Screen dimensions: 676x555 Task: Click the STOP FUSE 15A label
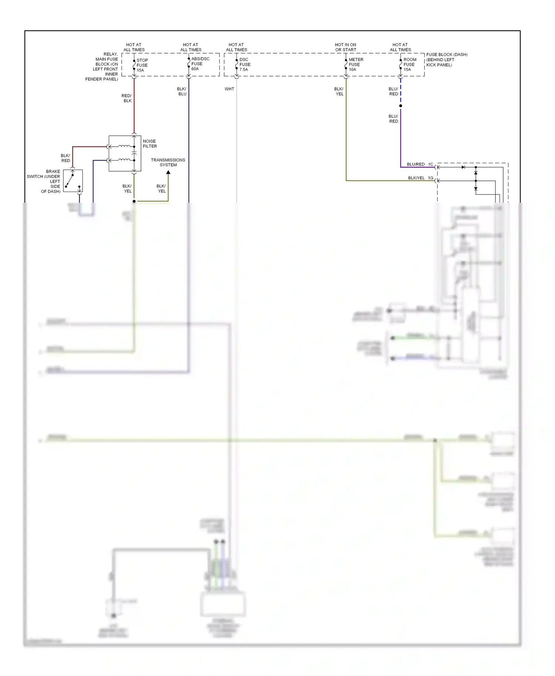click(x=142, y=65)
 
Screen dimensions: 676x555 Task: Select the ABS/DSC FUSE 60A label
click(x=200, y=64)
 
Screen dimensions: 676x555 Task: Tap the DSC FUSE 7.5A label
click(x=245, y=64)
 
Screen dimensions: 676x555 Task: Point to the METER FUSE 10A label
click(x=356, y=64)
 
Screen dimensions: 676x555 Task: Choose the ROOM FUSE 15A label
click(x=410, y=64)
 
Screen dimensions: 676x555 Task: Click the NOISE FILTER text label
click(x=150, y=143)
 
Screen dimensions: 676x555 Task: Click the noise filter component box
click(x=125, y=153)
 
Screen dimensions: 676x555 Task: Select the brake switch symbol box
click(x=73, y=181)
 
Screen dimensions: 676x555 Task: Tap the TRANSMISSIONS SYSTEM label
click(x=168, y=162)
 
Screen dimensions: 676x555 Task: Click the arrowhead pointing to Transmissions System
click(x=168, y=172)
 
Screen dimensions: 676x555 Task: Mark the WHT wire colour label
click(x=229, y=89)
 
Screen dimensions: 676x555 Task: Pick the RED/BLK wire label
click(x=127, y=98)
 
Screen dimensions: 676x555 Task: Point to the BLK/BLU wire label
click(x=182, y=91)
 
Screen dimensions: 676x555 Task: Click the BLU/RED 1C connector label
click(x=420, y=164)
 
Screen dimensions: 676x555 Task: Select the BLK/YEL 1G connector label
click(x=420, y=178)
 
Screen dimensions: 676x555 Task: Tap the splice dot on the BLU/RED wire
click(x=401, y=106)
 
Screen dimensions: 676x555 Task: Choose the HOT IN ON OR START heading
click(x=346, y=47)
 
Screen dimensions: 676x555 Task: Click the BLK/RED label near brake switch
click(x=65, y=158)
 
